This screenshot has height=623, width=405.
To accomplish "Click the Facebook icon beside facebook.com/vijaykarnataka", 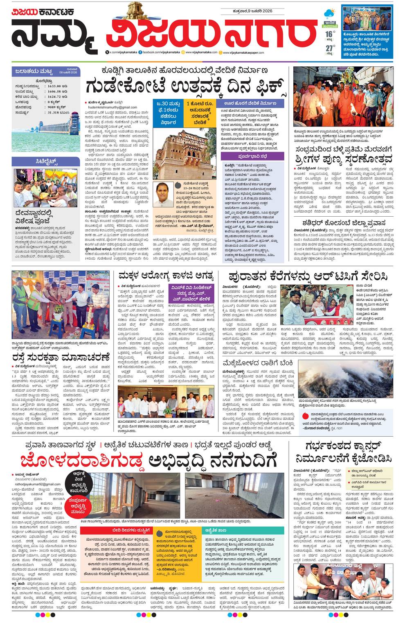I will tap(140, 53).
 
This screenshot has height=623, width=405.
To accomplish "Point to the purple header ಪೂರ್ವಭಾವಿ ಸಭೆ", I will tap(252, 156).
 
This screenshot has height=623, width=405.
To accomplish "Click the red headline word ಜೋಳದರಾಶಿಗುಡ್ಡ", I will tap(82, 460).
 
